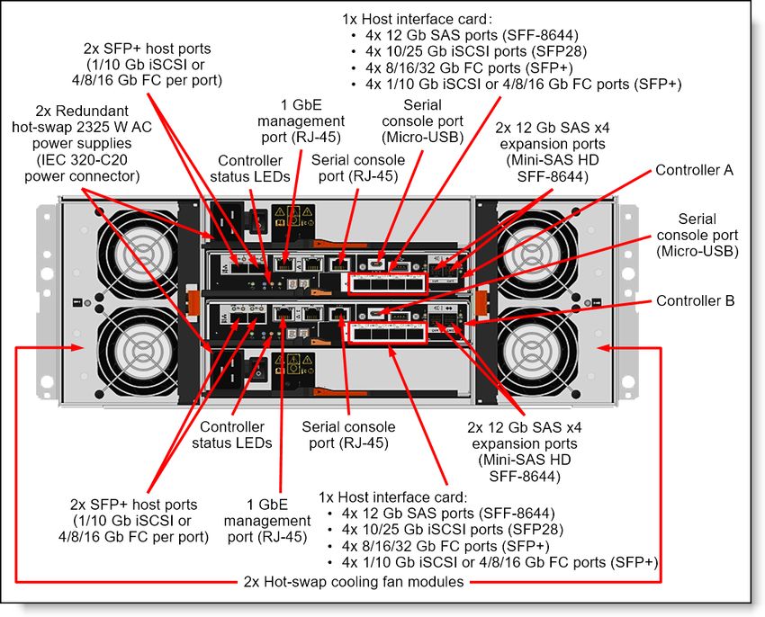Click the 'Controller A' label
point(694,169)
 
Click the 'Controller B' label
point(694,300)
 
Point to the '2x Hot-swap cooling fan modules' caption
point(354,582)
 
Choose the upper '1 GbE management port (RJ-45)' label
point(301,121)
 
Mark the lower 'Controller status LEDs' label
point(231,434)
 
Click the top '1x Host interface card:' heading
point(416,18)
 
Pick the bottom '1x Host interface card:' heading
point(393,496)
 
